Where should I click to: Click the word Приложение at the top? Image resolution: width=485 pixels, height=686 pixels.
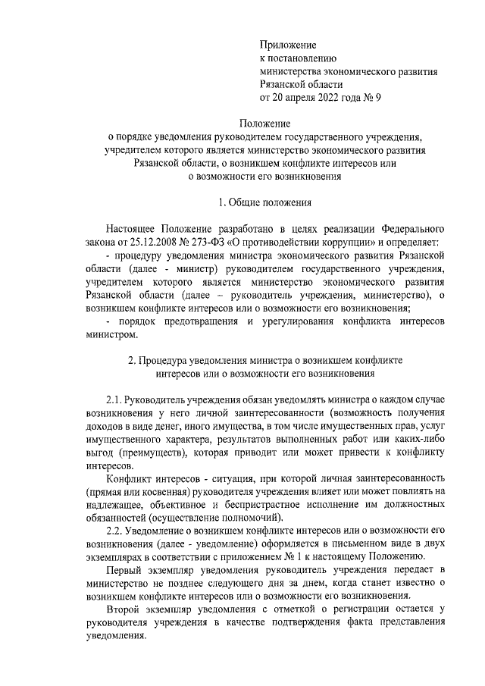(288, 45)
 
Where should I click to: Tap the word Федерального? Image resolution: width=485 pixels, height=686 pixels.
(402, 228)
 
